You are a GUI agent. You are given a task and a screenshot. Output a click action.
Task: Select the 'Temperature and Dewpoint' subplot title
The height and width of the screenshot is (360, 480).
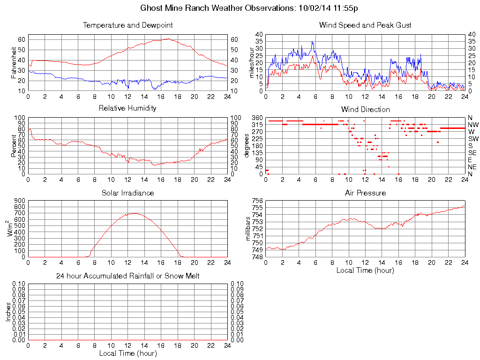coord(127,25)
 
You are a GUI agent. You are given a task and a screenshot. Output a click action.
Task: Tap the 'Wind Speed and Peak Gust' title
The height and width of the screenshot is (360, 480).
coord(365,25)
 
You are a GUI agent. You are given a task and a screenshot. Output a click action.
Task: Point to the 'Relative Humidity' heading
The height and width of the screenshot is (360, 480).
coord(127,108)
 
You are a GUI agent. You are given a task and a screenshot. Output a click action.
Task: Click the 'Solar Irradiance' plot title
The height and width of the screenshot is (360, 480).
coord(127,193)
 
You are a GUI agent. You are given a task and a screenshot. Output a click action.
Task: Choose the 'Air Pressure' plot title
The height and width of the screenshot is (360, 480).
coord(365,193)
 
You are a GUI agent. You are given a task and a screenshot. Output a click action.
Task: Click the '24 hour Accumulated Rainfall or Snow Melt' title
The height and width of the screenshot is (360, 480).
coord(127,276)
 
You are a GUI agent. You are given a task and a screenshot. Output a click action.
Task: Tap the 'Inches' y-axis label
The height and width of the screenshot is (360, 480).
coord(8,312)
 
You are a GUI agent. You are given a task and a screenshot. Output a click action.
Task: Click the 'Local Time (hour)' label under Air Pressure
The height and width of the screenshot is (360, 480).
coord(365,270)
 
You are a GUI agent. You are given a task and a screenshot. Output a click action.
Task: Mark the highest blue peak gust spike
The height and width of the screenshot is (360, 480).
coord(313,42)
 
